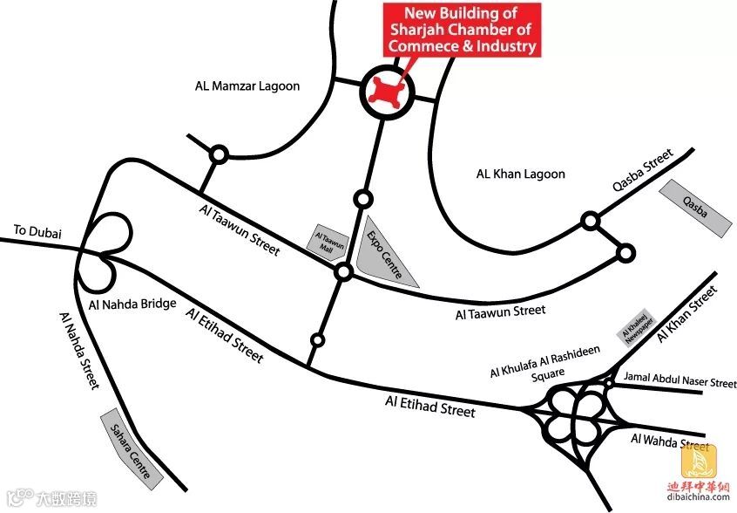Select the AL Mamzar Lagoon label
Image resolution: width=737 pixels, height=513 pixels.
coord(247,86)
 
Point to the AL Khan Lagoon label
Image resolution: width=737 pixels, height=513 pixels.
coord(520,174)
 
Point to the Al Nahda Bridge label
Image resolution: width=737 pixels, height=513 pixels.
coord(132,304)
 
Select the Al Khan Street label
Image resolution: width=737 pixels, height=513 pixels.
coord(686,312)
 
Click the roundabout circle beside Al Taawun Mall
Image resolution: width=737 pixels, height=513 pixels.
coord(344,273)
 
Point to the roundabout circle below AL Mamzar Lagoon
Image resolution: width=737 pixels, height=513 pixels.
coord(219,155)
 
